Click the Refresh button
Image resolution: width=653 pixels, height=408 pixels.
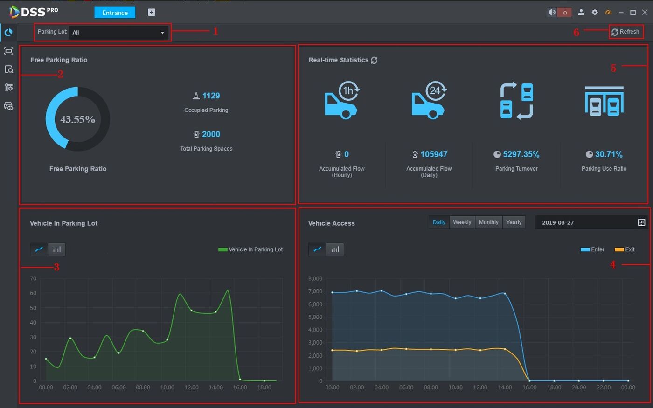[x=625, y=32]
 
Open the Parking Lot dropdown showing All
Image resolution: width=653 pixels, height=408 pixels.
[x=118, y=33]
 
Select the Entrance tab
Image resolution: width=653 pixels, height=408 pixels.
[x=115, y=13]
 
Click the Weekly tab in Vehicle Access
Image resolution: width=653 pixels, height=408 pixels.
[x=462, y=222]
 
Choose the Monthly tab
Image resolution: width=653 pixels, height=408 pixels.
[x=488, y=222]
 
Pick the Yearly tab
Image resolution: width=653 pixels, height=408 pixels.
[x=514, y=222]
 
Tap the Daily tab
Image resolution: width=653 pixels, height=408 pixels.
[x=439, y=222]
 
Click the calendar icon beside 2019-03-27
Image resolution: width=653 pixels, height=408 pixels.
[x=641, y=222]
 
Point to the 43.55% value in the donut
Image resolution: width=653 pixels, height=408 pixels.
[x=77, y=119]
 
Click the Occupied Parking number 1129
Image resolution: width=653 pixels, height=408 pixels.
[x=211, y=96]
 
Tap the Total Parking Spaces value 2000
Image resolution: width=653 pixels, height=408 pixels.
[x=211, y=134]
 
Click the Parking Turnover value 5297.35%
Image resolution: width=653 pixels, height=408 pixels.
[x=521, y=154]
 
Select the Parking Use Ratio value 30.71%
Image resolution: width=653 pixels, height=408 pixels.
[x=608, y=154]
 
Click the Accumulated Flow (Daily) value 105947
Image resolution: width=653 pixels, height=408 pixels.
[x=433, y=154]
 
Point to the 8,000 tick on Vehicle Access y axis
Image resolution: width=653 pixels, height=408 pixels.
[x=315, y=278]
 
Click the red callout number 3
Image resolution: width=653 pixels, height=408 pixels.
[x=56, y=267]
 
